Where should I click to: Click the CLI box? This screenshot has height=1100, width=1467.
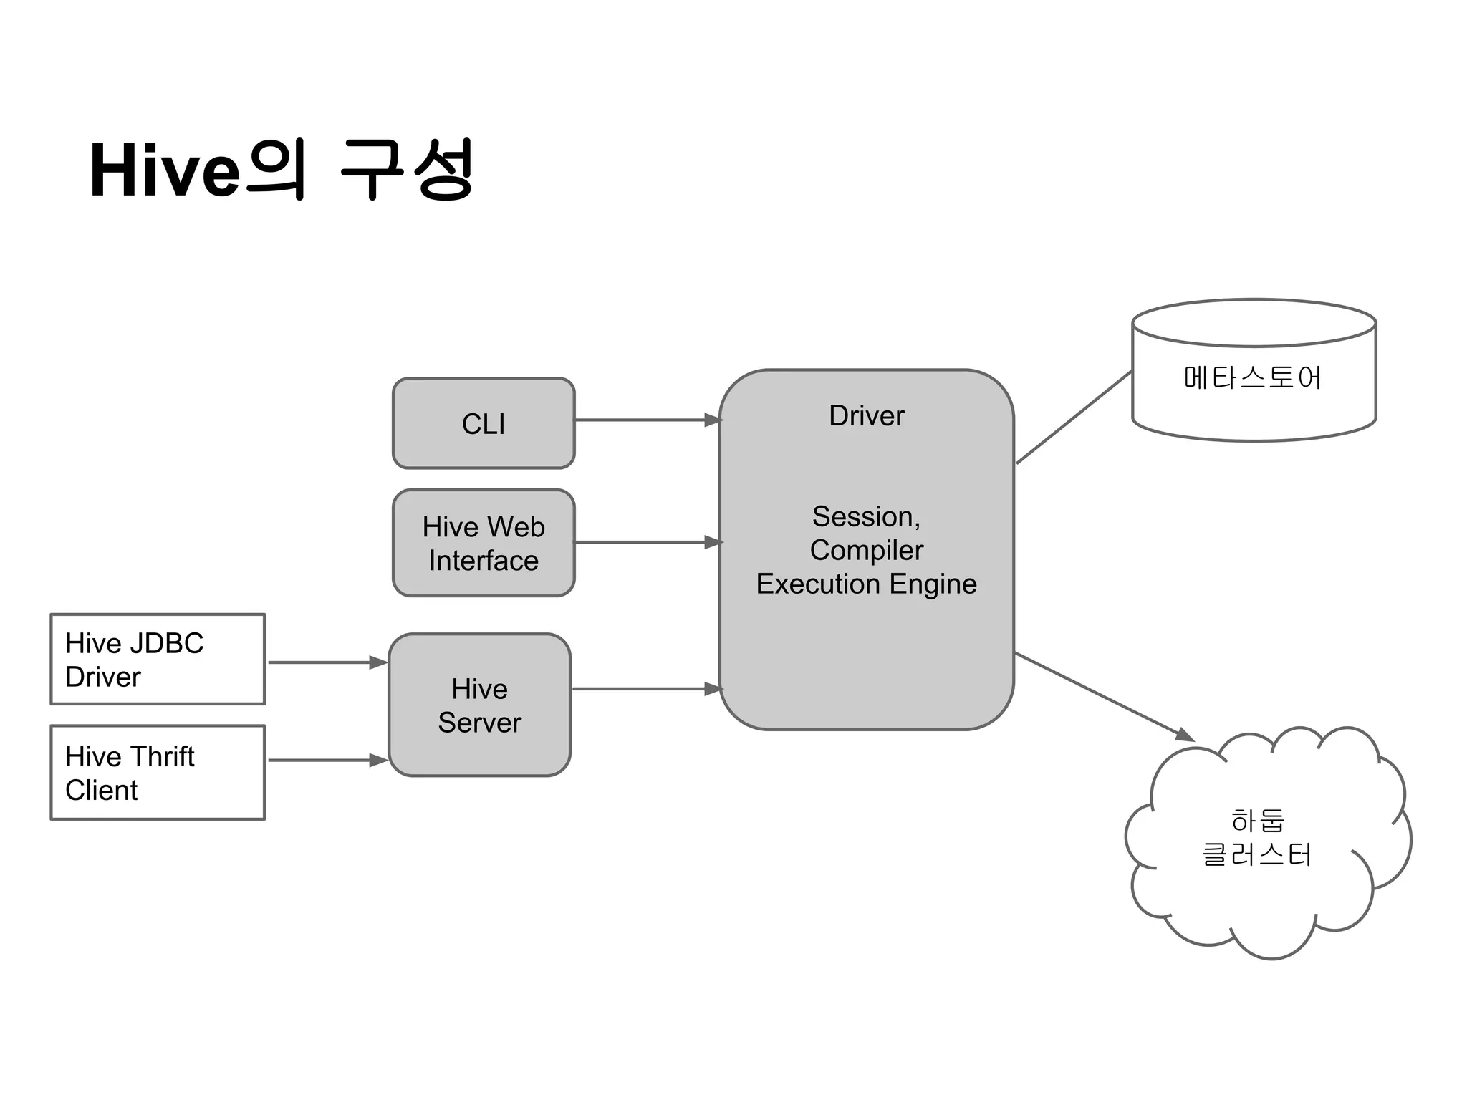pyautogui.click(x=484, y=423)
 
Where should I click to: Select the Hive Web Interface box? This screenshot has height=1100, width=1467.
pyautogui.click(x=484, y=543)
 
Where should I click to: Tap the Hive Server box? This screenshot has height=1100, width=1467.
pyautogui.click(x=479, y=705)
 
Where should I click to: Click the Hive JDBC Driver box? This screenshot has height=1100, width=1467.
pyautogui.click(x=158, y=660)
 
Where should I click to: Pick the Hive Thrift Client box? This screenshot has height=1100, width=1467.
pyautogui.click(x=158, y=773)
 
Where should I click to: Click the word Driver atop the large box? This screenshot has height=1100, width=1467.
pyautogui.click(x=866, y=416)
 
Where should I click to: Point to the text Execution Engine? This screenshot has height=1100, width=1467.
pyautogui.click(x=866, y=584)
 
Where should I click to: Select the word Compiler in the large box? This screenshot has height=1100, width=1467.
pyautogui.click(x=866, y=550)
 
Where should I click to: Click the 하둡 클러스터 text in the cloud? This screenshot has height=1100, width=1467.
pyautogui.click(x=1256, y=838)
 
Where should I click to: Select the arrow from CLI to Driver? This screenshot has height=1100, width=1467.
pyautogui.click(x=645, y=420)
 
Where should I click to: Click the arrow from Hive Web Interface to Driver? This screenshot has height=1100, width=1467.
pyautogui.click(x=645, y=543)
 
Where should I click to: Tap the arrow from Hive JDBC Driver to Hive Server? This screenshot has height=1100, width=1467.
pyautogui.click(x=326, y=662)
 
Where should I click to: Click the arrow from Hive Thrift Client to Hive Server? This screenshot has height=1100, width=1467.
pyautogui.click(x=326, y=760)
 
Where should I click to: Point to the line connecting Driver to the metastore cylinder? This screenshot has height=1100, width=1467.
pyautogui.click(x=1074, y=418)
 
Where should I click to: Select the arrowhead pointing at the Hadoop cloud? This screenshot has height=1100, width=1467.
pyautogui.click(x=1185, y=735)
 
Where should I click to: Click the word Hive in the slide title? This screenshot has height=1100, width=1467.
pyautogui.click(x=164, y=171)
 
